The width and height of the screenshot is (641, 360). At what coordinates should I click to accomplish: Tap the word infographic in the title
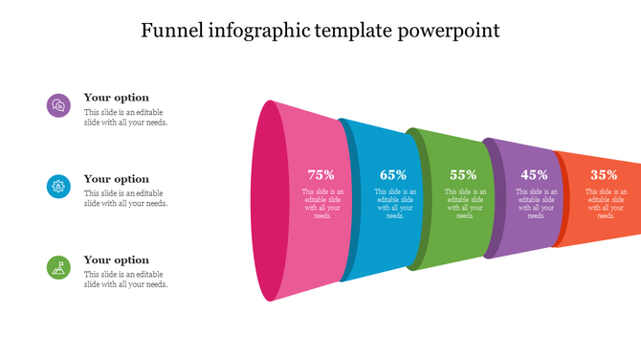[258, 30]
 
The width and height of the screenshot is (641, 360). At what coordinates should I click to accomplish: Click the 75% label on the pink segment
[321, 175]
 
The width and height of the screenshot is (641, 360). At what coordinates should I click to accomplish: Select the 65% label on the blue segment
[393, 175]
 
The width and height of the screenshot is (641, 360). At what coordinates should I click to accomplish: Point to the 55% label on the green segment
[463, 175]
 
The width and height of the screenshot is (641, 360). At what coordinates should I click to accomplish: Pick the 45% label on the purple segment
[534, 175]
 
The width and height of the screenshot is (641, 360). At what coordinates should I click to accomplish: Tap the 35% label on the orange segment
[604, 175]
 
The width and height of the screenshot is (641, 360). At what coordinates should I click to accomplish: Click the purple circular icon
[58, 105]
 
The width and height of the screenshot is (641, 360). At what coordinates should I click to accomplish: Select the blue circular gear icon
[58, 187]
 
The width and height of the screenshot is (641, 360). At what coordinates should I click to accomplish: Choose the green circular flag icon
[58, 268]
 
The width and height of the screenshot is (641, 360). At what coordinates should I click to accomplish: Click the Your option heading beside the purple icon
[116, 98]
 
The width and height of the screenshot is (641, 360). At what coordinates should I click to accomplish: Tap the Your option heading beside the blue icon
[116, 179]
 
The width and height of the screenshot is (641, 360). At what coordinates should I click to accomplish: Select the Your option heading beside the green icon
[116, 260]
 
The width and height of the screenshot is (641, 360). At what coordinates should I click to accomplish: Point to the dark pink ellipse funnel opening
[269, 201]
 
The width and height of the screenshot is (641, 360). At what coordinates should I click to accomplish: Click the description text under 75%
[322, 204]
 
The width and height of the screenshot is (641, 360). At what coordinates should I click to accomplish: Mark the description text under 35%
[606, 204]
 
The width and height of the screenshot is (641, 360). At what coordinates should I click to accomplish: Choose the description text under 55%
[465, 204]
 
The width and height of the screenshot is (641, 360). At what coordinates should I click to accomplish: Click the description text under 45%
[536, 204]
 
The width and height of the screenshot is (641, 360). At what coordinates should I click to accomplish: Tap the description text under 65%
[394, 204]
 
